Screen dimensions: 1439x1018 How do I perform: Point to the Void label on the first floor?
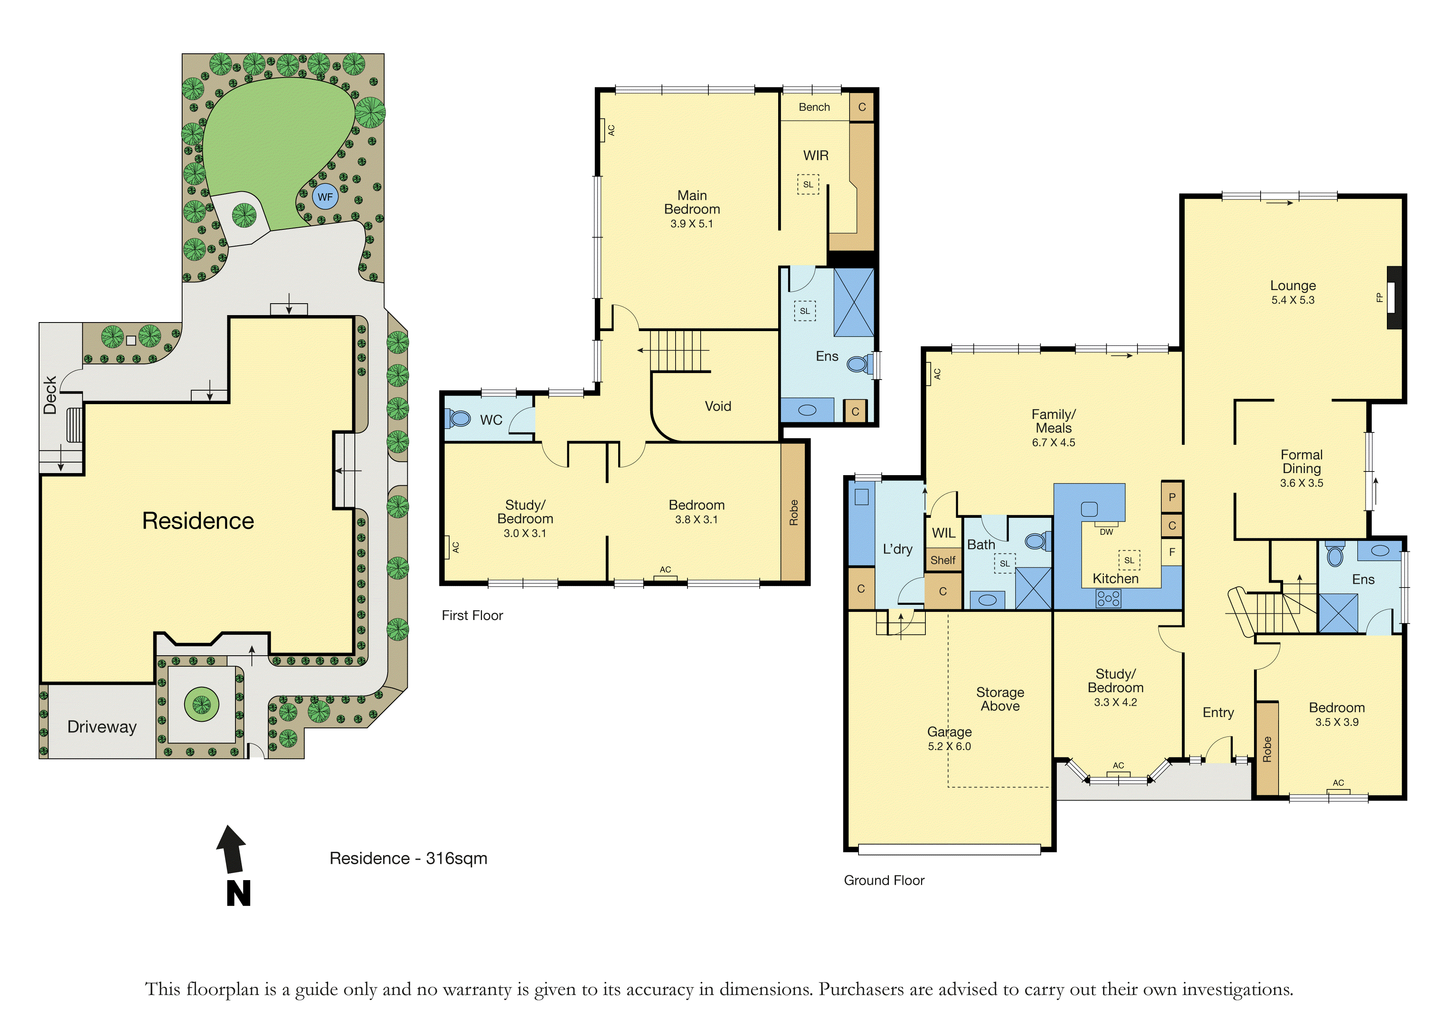point(717,406)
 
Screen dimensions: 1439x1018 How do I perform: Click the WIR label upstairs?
point(816,156)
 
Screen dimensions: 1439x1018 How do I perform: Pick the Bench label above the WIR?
point(814,107)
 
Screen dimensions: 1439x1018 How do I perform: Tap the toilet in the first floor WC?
point(458,418)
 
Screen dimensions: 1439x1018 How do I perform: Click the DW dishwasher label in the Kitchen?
point(1106,532)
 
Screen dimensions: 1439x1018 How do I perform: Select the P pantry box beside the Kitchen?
point(1172,497)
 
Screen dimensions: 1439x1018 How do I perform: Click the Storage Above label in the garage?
point(1000,699)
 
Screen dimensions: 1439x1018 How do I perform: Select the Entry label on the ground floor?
point(1218,713)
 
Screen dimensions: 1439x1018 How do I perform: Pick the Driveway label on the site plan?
point(102,727)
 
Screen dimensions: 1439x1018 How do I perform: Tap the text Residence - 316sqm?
point(409,858)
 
